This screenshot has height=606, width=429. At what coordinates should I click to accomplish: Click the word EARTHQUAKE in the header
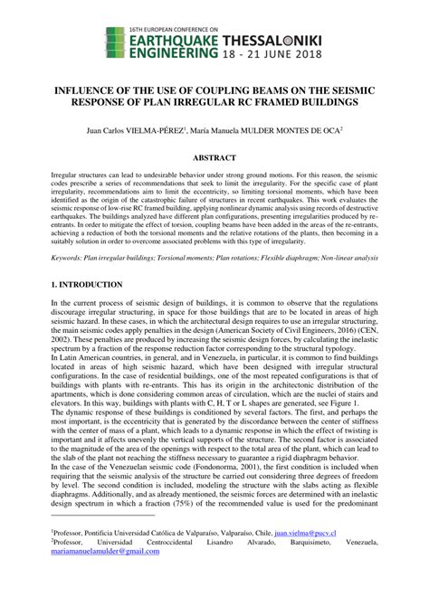coord(172,38)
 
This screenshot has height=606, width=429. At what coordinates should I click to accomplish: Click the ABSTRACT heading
coord(214,156)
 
